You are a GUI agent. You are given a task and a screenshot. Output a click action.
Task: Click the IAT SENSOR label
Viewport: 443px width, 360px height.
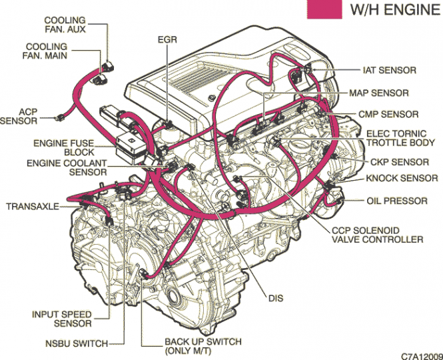click(389, 70)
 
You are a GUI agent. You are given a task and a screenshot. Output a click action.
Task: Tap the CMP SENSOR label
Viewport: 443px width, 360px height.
click(388, 115)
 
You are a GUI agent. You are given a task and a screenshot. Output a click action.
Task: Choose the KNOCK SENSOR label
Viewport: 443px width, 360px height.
click(402, 179)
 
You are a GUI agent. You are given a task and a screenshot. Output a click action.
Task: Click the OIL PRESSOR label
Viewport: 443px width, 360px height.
click(396, 201)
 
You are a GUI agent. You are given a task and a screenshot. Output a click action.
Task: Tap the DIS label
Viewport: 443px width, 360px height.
click(276, 298)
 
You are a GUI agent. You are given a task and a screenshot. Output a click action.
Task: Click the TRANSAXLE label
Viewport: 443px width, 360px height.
click(33, 207)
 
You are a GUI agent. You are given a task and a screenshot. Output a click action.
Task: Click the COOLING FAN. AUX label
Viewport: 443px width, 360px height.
click(65, 25)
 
